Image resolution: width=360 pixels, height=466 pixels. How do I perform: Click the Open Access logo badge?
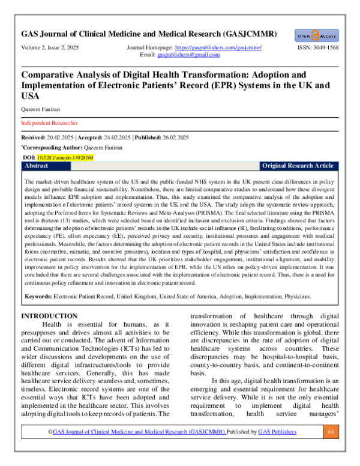tap(317, 35)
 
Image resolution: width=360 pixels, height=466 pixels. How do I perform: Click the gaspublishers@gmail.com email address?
tap(188, 54)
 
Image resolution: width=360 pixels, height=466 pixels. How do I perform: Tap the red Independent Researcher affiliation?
tap(49, 123)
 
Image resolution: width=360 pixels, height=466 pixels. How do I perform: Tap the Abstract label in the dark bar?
tap(37, 165)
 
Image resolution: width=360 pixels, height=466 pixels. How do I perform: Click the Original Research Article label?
tap(299, 165)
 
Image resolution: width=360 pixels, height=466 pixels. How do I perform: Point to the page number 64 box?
tap(331, 449)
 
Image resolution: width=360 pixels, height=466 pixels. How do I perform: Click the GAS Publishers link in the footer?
tap(278, 449)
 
